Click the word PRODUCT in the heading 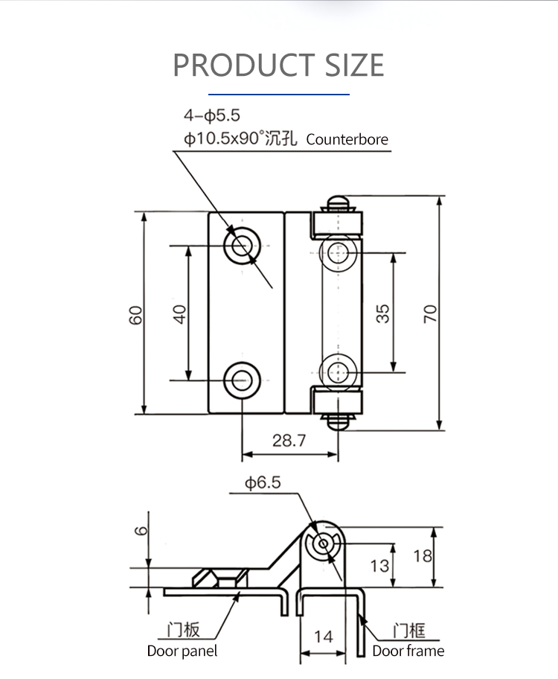click(244, 65)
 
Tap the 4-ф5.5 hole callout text click(212, 115)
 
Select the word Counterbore click(347, 139)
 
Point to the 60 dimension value click(135, 315)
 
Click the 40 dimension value click(179, 314)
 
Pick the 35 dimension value click(382, 313)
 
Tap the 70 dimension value click(430, 313)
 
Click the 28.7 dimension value click(289, 441)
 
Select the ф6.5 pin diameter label click(263, 482)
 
